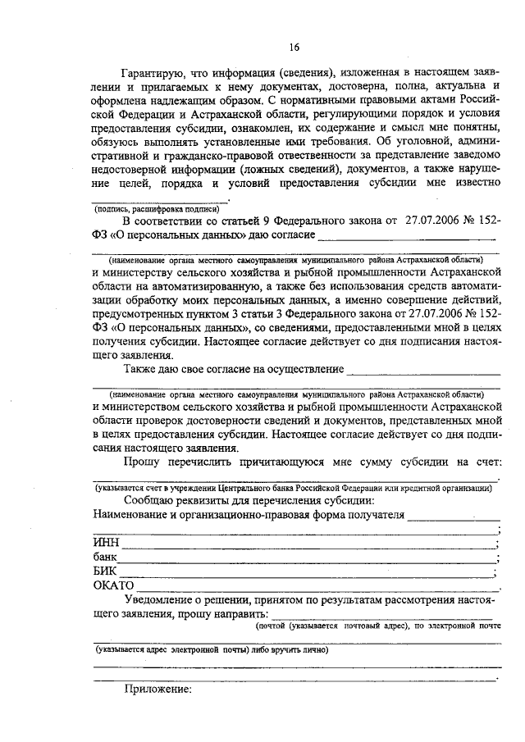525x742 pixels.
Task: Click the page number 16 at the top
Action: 294,47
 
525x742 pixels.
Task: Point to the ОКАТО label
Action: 113,586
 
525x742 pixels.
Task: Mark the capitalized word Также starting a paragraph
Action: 140,371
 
